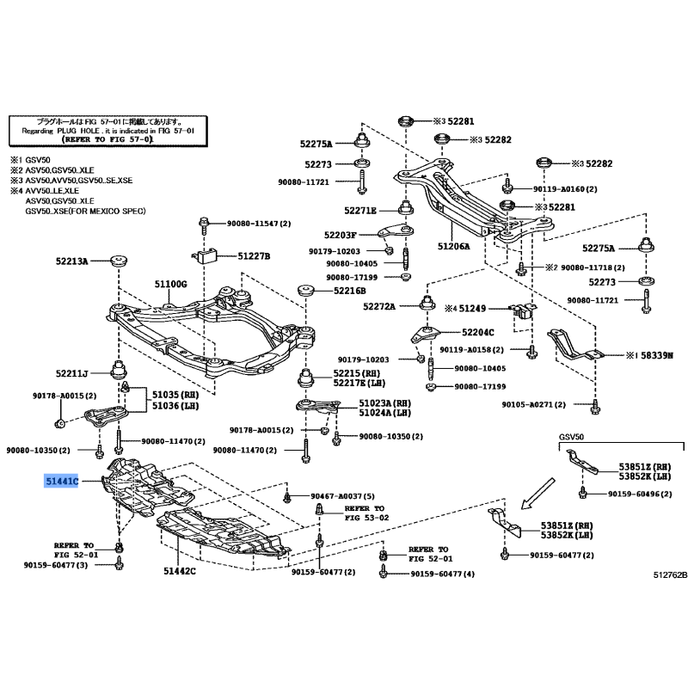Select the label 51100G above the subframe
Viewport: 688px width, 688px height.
170,284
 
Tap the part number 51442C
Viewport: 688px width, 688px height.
180,570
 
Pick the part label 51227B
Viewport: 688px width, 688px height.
254,256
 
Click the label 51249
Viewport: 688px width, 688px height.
472,307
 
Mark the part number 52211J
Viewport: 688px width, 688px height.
73,374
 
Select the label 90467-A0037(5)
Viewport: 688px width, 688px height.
335,497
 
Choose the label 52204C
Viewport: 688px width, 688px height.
477,332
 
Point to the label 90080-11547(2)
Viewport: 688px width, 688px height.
258,224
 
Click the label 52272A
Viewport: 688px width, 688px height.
378,306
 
